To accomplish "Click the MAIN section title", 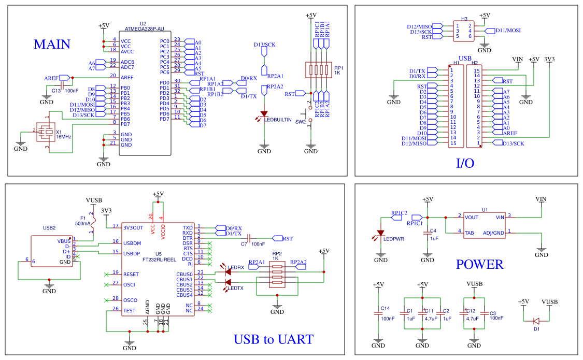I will (x=52, y=45).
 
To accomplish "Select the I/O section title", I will (x=464, y=164).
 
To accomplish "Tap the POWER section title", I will (x=479, y=265).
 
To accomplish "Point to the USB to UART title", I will (x=273, y=340).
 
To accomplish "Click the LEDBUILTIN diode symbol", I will (x=264, y=113).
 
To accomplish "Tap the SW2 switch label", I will (x=301, y=122).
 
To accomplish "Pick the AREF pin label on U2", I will (x=127, y=78).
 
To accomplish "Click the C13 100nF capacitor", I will (x=62, y=84).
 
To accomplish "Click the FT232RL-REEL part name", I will (x=160, y=259).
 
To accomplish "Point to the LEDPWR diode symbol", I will (x=381, y=233).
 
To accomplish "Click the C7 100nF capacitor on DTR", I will (x=248, y=238).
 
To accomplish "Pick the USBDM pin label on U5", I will (x=132, y=242).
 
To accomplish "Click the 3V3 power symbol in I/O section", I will (x=550, y=60).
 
